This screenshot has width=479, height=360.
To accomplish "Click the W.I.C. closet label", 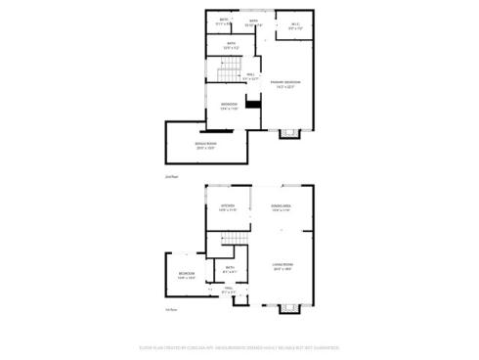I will [x=295, y=27].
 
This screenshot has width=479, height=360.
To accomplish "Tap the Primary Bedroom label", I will [x=284, y=83].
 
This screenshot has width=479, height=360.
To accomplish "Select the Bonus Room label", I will [x=206, y=145].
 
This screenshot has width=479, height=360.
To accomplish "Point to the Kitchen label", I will [x=227, y=207].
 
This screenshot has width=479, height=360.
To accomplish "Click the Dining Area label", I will [x=282, y=207].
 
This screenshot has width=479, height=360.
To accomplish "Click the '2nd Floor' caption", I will [x=171, y=176].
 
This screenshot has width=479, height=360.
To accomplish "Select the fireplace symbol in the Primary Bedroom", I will [x=286, y=133].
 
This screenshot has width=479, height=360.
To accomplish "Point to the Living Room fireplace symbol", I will [x=286, y=307].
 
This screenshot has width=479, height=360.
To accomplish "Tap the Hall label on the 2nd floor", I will [x=251, y=77].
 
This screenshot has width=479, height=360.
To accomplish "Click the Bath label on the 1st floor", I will [x=230, y=268].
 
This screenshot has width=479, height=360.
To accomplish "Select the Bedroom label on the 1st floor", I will [x=186, y=275].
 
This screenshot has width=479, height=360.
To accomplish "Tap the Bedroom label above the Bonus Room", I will [x=229, y=106].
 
